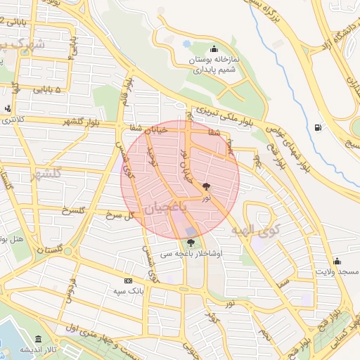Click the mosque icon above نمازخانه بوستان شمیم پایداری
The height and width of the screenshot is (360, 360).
pos(214,49)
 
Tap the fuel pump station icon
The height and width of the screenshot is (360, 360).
pos(320,127)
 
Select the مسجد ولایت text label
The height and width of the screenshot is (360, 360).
pos(337,271)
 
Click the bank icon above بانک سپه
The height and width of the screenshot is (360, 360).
pos(128,279)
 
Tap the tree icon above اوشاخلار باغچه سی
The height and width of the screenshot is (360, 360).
pos(191,243)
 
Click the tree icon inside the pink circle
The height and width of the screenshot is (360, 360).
pos(206,187)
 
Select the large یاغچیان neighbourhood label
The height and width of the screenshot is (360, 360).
pos(167,210)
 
